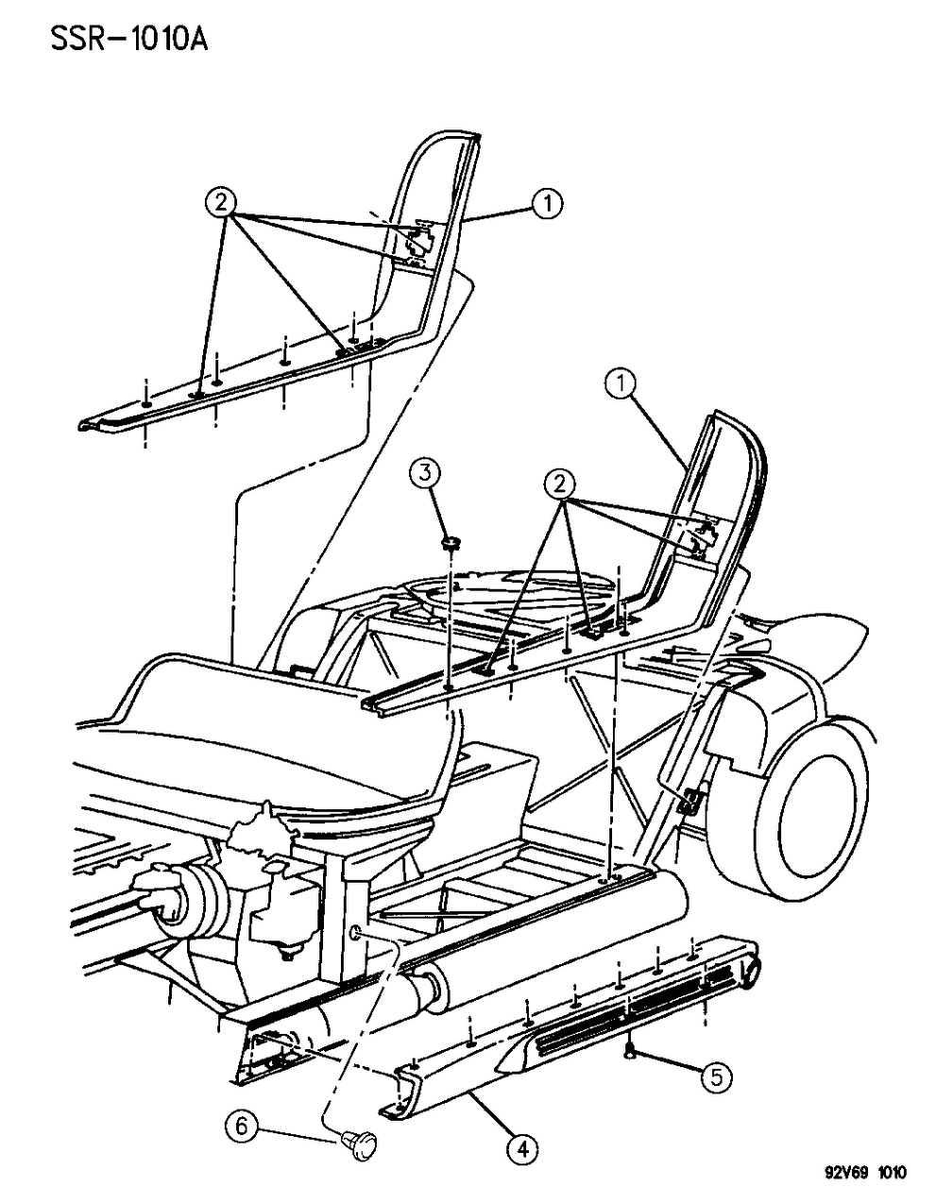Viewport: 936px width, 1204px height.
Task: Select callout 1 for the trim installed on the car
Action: coord(621,383)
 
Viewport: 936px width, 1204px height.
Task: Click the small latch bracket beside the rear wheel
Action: coord(691,801)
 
